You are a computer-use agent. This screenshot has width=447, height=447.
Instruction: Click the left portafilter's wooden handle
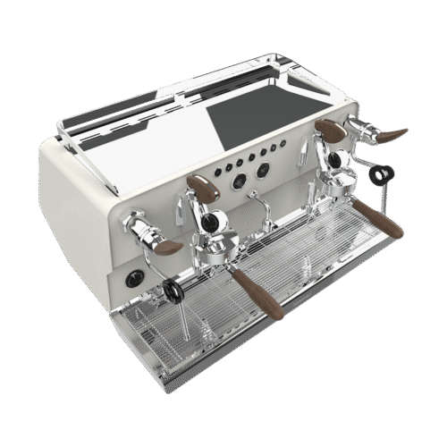257,293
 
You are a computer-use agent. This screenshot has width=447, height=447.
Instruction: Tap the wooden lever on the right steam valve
391,136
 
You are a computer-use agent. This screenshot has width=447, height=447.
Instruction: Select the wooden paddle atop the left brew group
203,190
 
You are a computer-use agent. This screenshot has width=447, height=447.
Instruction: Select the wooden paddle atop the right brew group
330,131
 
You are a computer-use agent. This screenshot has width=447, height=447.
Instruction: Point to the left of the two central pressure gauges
239,181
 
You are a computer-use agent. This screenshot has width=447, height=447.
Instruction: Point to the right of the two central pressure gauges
264,171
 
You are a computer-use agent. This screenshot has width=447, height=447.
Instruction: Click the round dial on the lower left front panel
134,278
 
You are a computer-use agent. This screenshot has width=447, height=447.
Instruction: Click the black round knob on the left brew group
210,221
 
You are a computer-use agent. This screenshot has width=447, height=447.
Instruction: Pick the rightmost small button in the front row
283,143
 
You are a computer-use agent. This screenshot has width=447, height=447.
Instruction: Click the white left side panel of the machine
72,215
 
